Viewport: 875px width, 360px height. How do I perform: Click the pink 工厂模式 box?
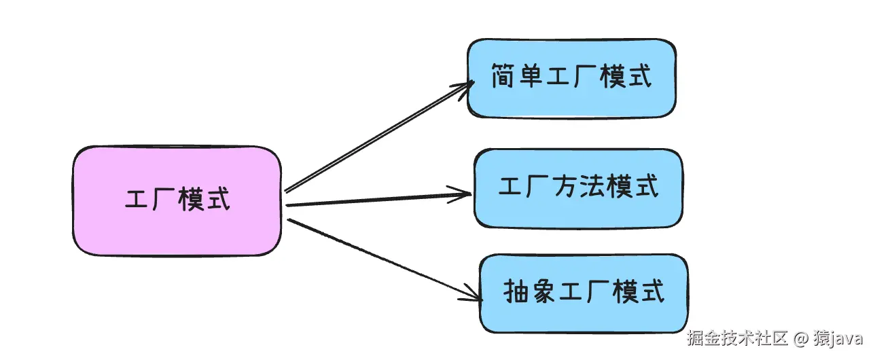177,201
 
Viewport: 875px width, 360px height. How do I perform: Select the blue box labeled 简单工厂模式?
571,77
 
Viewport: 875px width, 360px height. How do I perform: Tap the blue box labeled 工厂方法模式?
578,187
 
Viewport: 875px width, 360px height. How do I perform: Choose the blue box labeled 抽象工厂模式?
584,293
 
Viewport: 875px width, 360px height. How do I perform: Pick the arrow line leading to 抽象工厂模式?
380,257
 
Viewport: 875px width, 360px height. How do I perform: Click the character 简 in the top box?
503,76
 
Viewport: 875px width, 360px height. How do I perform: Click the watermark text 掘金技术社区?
736,338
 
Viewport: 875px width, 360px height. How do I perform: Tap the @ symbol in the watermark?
801,338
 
